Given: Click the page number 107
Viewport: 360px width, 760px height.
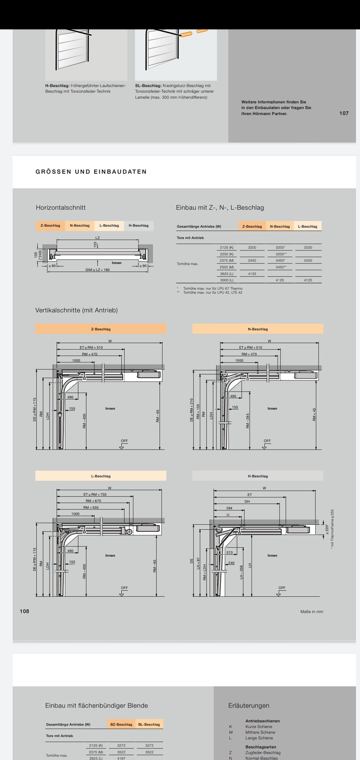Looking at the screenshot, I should point(343,113).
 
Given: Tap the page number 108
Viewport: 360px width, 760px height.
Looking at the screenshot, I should point(24,611).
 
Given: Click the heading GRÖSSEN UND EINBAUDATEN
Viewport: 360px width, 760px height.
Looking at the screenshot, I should point(91,172).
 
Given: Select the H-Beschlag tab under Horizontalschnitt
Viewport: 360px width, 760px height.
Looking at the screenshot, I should point(139,226).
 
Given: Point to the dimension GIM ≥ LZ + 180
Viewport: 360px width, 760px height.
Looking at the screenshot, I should point(97,270).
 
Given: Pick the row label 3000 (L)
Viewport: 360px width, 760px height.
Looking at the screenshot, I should point(227,280).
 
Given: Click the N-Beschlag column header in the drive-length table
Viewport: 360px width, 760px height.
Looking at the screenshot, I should point(280,227).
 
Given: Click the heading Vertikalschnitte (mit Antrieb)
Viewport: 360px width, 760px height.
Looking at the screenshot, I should point(76,310).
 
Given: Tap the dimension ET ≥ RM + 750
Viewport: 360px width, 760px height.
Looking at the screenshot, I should point(95,494).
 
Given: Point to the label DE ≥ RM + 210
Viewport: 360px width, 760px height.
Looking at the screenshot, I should point(192,410).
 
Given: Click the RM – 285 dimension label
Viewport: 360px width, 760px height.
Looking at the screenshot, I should point(247,421).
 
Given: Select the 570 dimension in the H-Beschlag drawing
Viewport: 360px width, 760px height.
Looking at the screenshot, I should point(229,553).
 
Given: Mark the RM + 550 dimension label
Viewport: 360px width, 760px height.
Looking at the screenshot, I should point(91,507).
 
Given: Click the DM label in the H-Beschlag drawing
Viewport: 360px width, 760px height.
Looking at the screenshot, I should point(229,508).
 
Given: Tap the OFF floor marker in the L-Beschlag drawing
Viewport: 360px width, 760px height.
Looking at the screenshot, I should point(124,588).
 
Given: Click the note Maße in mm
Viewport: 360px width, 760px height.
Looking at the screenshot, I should point(312,612).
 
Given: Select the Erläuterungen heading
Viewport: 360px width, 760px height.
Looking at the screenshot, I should point(249,705).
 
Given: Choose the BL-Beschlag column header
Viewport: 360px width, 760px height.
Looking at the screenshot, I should point(149,724).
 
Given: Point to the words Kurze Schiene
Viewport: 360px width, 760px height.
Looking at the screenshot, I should point(258,726).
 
